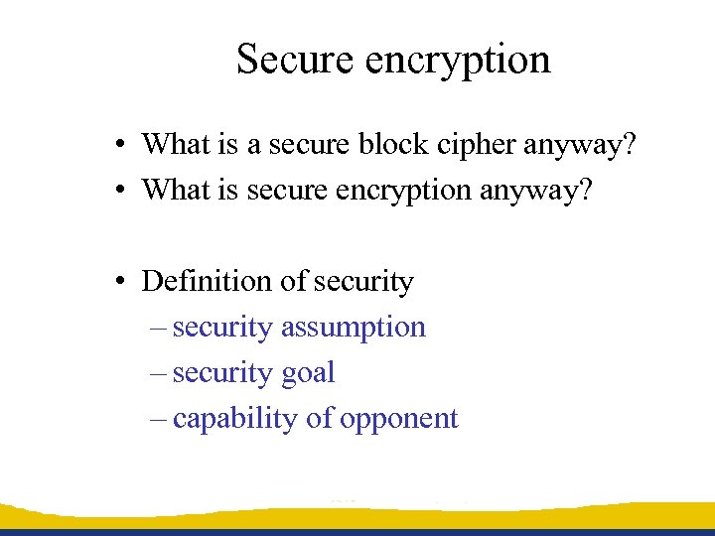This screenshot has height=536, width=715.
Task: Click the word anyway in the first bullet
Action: tap(584, 146)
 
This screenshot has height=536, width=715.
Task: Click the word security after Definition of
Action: tap(362, 283)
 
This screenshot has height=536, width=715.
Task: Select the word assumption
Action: tap(354, 329)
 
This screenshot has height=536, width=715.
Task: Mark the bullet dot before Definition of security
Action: tap(118, 283)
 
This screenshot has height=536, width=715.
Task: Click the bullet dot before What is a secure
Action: tap(118, 146)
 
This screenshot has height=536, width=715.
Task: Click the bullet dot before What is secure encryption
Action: tap(118, 191)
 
